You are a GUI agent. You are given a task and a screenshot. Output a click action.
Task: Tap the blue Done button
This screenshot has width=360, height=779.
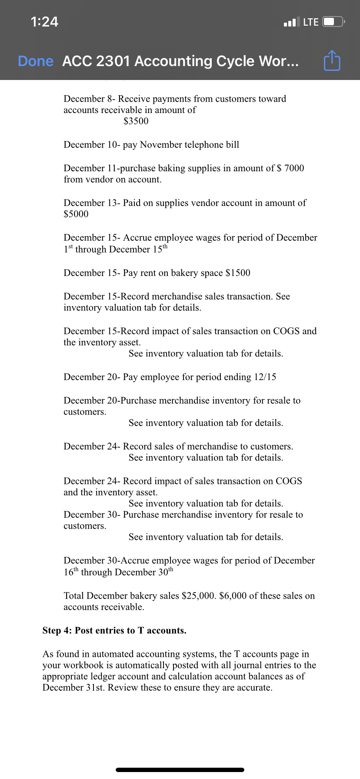pyautogui.click(x=36, y=61)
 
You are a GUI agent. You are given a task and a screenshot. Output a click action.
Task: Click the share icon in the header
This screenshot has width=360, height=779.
pyautogui.click(x=332, y=61)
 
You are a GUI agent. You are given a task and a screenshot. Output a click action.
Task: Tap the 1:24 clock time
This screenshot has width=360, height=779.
pyautogui.click(x=44, y=22)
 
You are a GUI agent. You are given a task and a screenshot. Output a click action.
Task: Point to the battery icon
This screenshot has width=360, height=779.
pyautogui.click(x=333, y=22)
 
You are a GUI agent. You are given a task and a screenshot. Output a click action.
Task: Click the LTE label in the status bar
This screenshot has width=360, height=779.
pyautogui.click(x=310, y=22)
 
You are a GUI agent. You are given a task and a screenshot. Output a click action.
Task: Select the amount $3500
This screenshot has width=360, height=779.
pyautogui.click(x=136, y=121)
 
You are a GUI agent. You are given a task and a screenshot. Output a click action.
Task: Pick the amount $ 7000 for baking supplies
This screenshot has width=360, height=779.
pyautogui.click(x=290, y=168)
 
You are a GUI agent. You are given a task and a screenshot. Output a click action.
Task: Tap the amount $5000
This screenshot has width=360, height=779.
pyautogui.click(x=76, y=214)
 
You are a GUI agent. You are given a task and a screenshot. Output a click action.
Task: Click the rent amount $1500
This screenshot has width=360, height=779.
pyautogui.click(x=238, y=273)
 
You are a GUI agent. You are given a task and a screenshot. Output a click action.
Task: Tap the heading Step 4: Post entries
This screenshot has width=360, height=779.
pyautogui.click(x=114, y=631)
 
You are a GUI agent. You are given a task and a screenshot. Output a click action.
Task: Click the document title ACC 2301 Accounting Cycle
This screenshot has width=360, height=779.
pyautogui.click(x=180, y=61)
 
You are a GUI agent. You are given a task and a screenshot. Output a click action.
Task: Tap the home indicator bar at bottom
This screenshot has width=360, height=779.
pyautogui.click(x=180, y=769)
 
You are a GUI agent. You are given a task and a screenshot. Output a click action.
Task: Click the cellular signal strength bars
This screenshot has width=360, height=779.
pyautogui.click(x=291, y=22)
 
